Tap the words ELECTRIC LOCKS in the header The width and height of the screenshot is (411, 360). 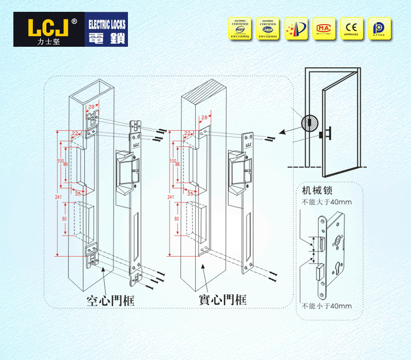tap(107, 24)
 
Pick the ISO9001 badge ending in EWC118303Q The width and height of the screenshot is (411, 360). tap(239, 28)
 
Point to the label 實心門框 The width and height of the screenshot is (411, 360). tap(222, 300)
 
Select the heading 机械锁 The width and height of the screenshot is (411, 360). tap(314, 191)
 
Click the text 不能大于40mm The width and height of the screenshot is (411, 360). tap(326, 202)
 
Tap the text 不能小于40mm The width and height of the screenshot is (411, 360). tap(327, 306)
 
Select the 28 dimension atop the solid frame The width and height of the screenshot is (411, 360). tap(204, 117)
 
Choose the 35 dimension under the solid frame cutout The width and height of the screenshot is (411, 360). tap(190, 194)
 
